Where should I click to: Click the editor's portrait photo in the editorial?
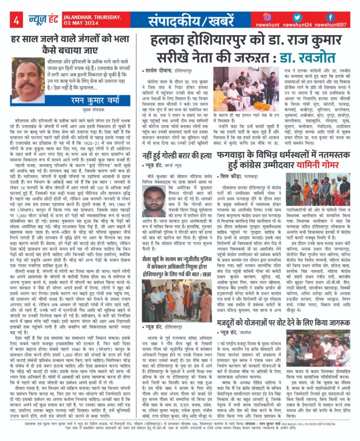tap(28, 80)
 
